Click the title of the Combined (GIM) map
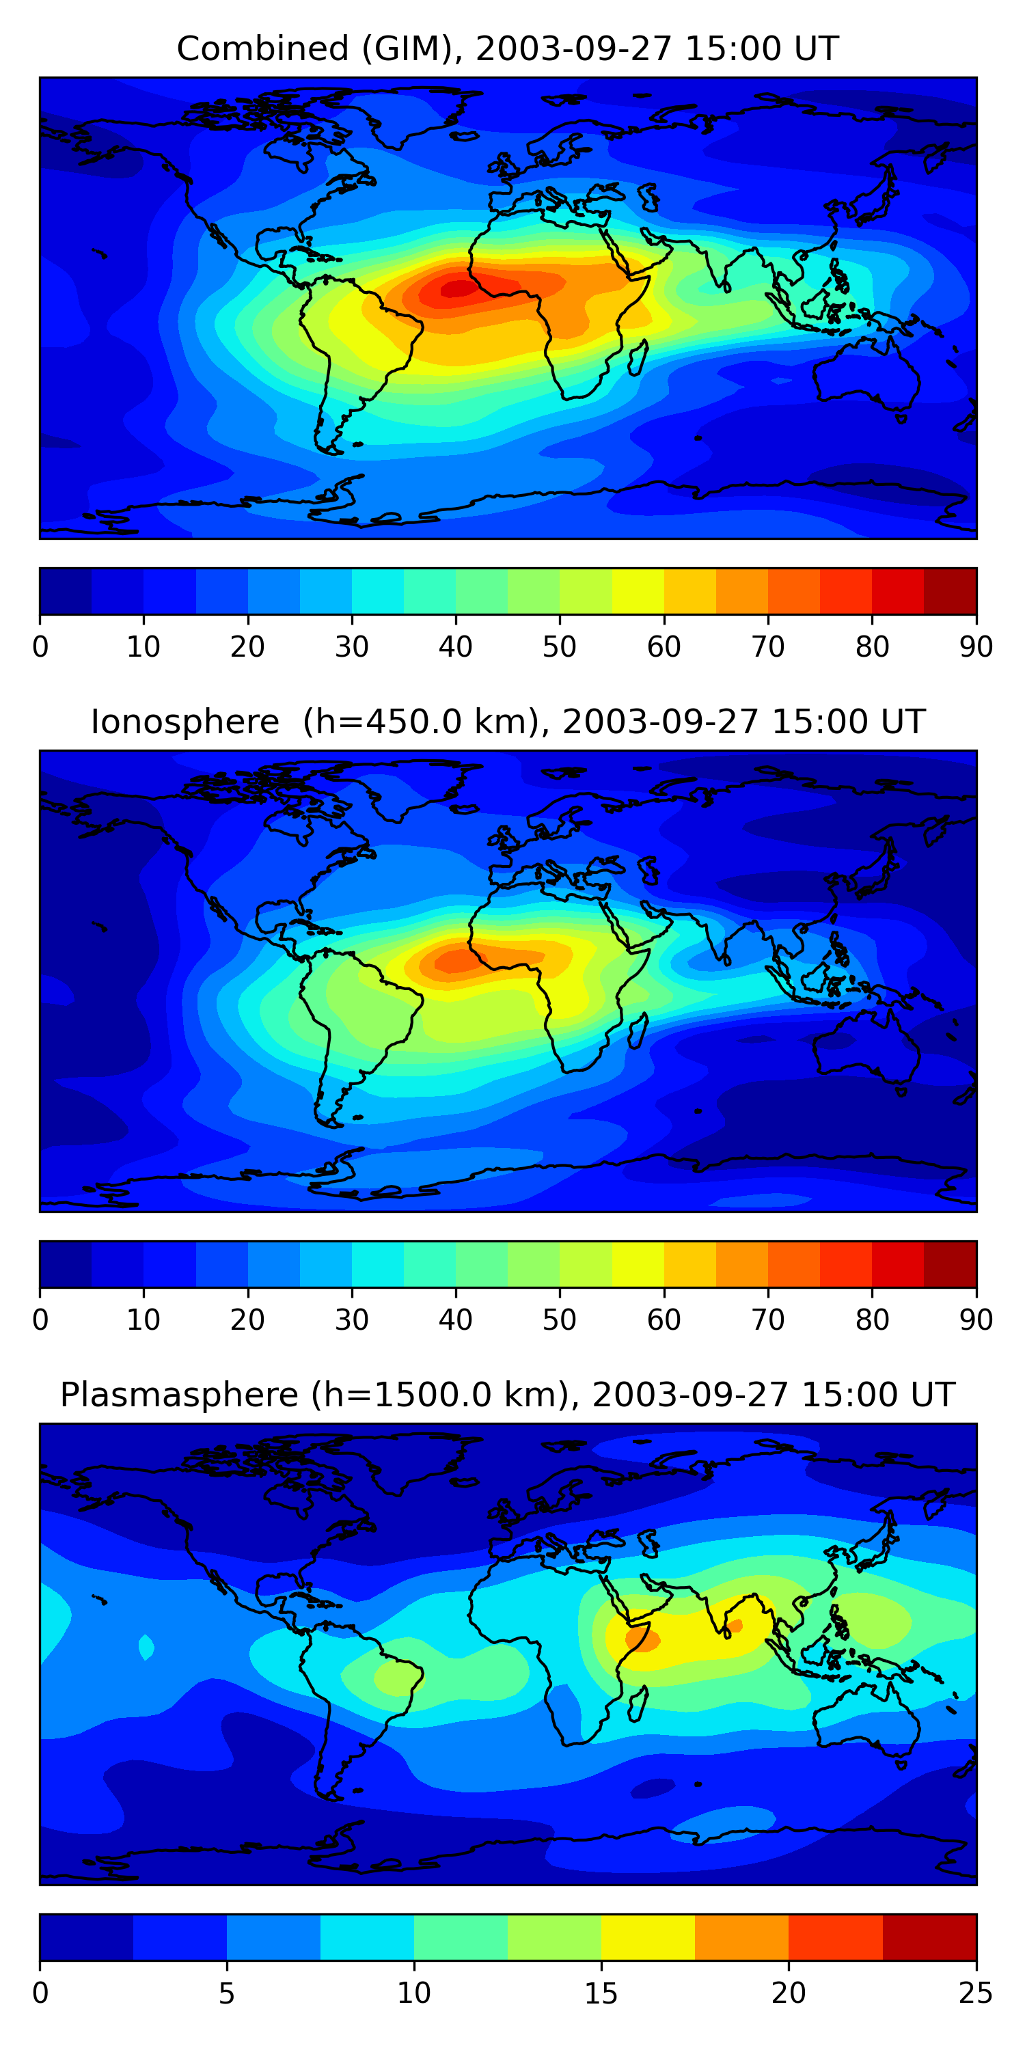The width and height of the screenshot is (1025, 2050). click(507, 49)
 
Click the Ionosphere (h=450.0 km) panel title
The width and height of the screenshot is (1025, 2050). click(507, 722)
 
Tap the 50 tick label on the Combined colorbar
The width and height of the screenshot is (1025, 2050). click(560, 647)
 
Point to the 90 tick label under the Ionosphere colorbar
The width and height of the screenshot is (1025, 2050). click(976, 1320)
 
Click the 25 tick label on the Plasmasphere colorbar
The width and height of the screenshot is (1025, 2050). click(976, 1993)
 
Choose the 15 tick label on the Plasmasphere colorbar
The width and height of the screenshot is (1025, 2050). click(601, 1993)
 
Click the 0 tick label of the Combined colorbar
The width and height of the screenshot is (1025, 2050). click(40, 647)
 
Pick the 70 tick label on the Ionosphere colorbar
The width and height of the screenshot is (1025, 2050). click(768, 1320)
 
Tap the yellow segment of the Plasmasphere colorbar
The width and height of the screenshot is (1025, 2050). click(648, 1937)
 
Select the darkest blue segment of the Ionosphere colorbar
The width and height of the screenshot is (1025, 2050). click(65, 1263)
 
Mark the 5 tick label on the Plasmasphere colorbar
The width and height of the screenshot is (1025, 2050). click(227, 1993)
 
